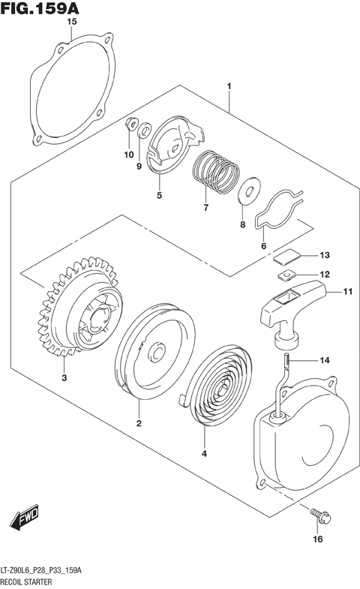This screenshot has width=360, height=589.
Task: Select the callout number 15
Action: point(72,23)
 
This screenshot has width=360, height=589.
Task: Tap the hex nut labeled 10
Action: point(130,125)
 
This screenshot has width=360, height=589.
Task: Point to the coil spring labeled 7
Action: point(214,170)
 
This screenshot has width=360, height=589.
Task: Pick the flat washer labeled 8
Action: point(245,191)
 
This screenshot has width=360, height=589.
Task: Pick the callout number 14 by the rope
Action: point(324,361)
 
